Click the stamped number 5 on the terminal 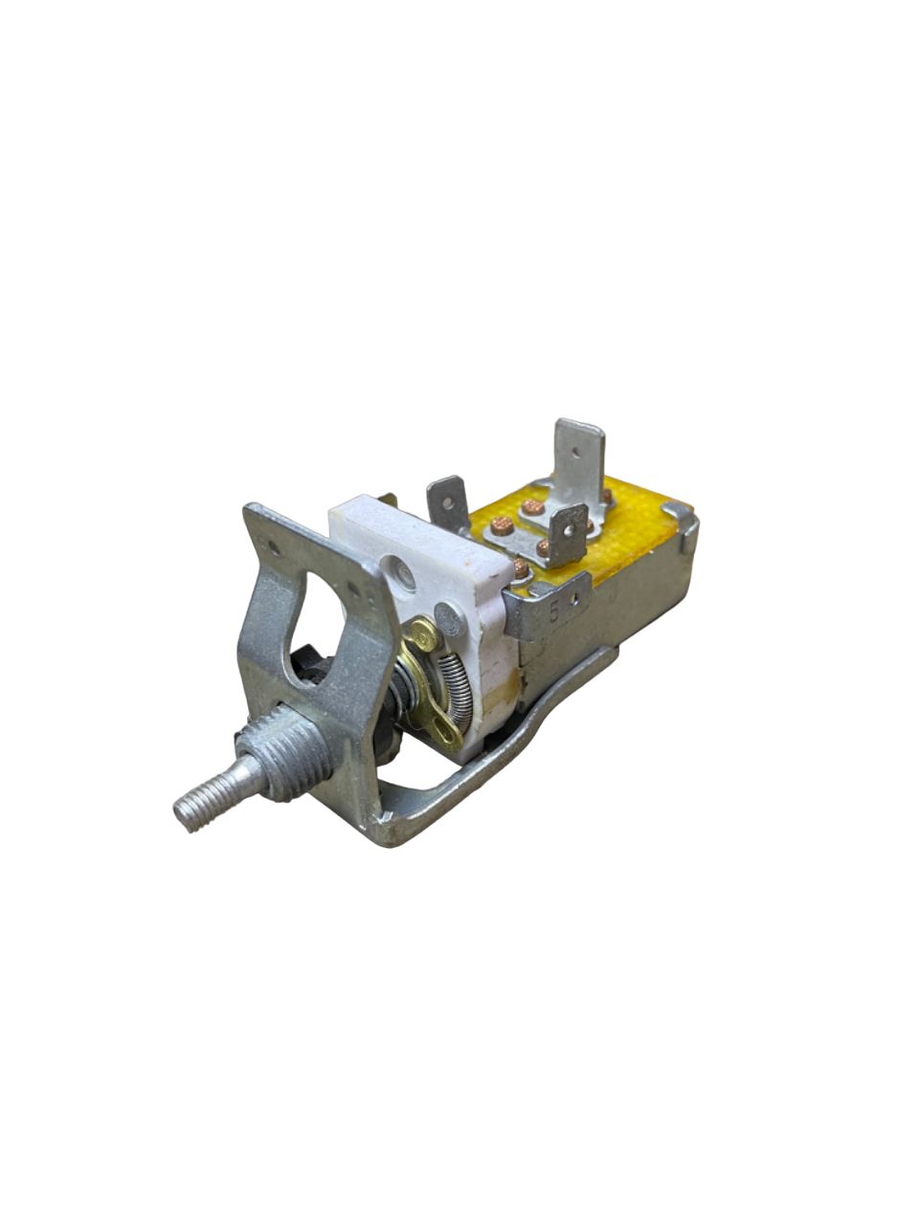(554, 613)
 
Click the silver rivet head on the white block (450, 616)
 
